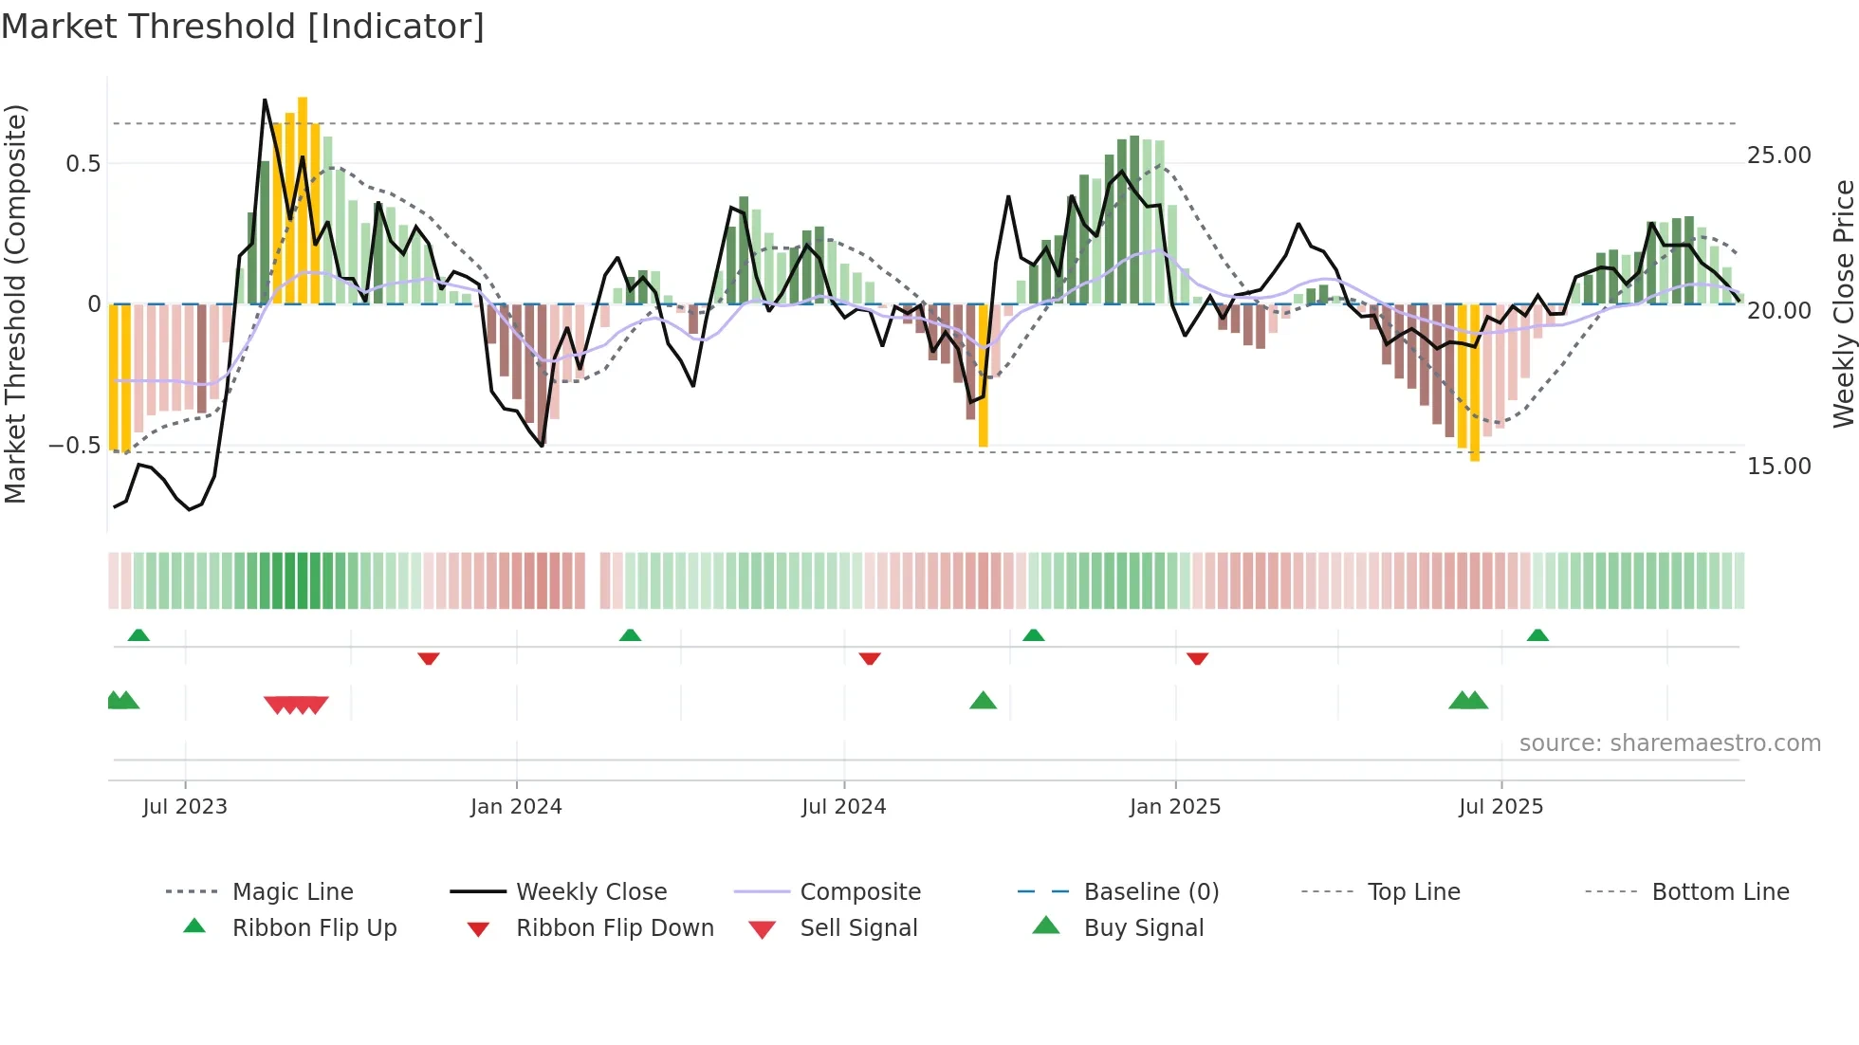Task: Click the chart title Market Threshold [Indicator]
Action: [x=243, y=27]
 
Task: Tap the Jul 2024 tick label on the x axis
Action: [x=843, y=807]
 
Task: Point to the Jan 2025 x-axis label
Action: [x=1174, y=807]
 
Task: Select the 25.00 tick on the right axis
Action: [x=1778, y=156]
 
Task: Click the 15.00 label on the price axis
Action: [x=1778, y=467]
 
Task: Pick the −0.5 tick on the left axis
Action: [x=74, y=446]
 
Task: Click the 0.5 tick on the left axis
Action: [x=83, y=164]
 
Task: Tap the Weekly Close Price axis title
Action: [x=1843, y=303]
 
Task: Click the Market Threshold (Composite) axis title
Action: [x=16, y=303]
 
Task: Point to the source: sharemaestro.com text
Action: [x=1669, y=743]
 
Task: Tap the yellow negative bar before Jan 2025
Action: [x=983, y=376]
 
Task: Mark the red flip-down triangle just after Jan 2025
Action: [x=1197, y=658]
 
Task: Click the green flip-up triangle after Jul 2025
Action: [x=1537, y=635]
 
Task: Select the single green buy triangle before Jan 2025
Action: [x=983, y=701]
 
